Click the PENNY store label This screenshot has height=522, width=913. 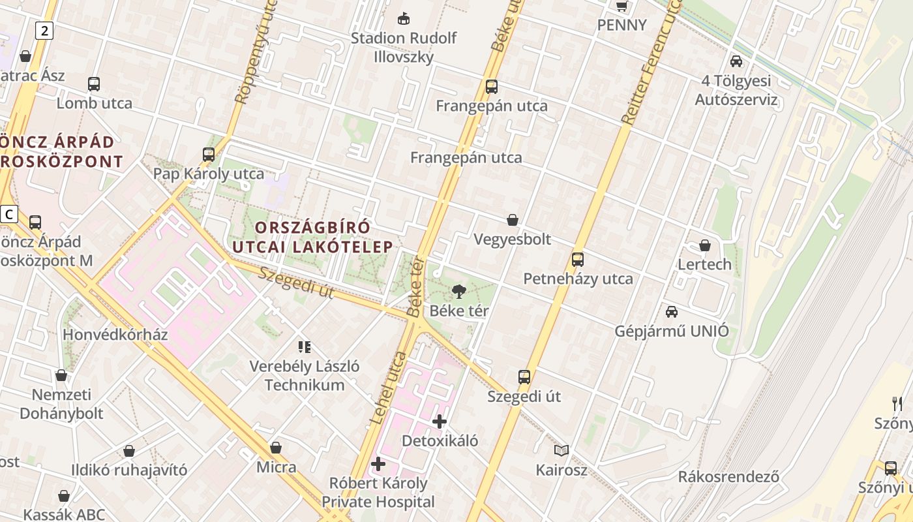coord(622,25)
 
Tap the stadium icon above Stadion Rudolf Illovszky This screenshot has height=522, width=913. coord(404,18)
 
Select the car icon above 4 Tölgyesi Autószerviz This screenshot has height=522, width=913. coord(736,61)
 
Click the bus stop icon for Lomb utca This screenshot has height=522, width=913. coord(94,84)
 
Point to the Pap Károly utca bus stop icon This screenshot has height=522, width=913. coord(209,155)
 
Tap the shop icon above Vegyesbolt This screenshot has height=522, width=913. coord(513,220)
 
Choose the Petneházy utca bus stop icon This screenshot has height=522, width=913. coord(578,260)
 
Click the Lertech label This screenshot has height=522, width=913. coord(704,264)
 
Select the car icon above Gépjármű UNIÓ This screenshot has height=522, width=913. coord(672,312)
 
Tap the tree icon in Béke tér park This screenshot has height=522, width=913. coord(459,291)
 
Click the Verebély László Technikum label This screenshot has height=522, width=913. coord(305,375)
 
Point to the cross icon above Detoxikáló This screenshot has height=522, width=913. coord(440,422)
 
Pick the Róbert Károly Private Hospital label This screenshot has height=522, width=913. coord(378,493)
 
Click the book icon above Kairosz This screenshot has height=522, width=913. coord(561,450)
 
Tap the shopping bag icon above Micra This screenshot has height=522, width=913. coord(276,448)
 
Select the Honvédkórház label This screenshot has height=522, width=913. coord(115,335)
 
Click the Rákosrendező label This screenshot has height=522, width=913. coord(728,476)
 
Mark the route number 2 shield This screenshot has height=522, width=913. coord(44,30)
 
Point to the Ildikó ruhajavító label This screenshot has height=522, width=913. coord(129,470)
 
